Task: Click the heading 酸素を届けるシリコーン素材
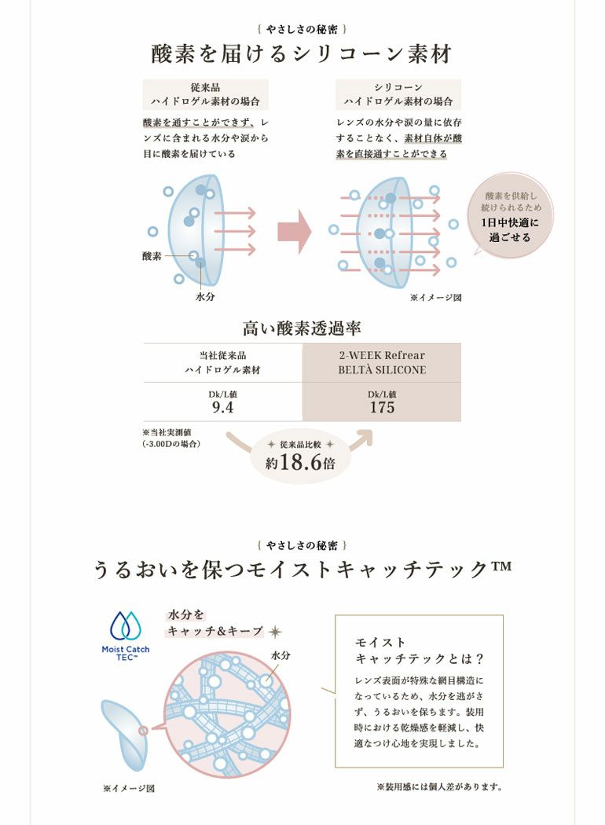(x=302, y=54)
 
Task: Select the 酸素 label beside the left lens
(x=152, y=256)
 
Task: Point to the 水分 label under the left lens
(x=205, y=297)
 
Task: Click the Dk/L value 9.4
(x=222, y=407)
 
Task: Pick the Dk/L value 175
(x=382, y=407)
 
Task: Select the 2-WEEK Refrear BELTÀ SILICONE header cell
(x=382, y=362)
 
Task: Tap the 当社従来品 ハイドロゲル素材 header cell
(x=222, y=362)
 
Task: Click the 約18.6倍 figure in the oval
(x=300, y=462)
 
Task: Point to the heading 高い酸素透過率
(x=302, y=328)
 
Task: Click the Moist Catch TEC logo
(x=125, y=636)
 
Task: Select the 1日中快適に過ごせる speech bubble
(x=509, y=216)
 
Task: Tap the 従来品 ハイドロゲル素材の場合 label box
(x=205, y=94)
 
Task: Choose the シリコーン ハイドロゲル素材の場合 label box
(x=398, y=94)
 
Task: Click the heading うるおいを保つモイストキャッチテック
(x=302, y=570)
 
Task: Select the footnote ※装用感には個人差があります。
(x=440, y=787)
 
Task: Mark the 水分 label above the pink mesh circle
(x=280, y=655)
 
